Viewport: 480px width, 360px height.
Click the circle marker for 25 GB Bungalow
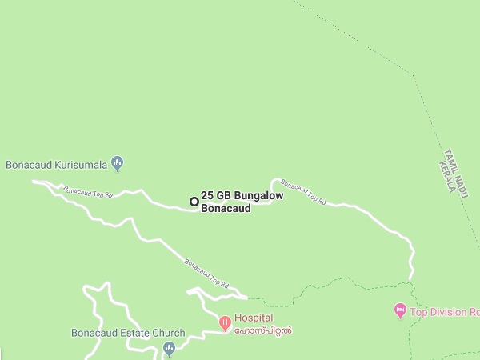click(194, 202)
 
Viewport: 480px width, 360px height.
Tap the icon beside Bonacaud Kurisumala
click(118, 164)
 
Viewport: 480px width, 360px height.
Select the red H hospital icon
click(225, 323)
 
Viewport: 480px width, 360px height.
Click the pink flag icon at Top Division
click(401, 310)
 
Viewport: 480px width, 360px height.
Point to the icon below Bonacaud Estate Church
click(169, 348)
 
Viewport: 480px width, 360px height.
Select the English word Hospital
click(254, 318)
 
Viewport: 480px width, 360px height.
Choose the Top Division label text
click(444, 312)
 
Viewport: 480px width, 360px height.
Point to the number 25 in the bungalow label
click(207, 195)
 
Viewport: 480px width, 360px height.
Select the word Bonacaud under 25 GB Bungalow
click(226, 208)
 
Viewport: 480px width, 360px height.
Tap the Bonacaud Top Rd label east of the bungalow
click(304, 191)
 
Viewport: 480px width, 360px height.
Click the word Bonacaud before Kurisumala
click(28, 165)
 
